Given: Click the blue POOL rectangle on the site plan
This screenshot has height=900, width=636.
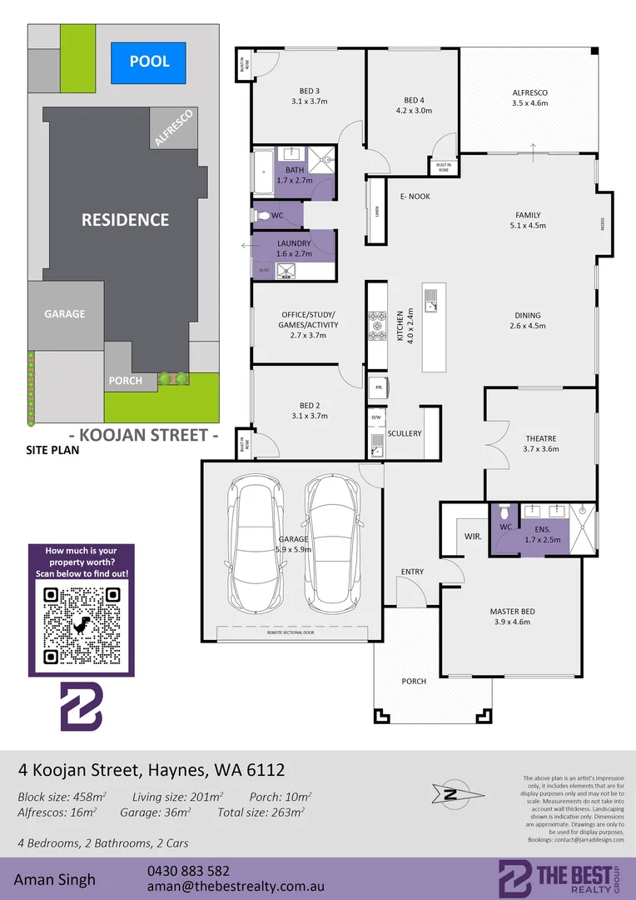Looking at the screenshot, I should [x=149, y=62].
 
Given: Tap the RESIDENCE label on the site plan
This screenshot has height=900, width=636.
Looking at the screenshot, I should [x=125, y=220].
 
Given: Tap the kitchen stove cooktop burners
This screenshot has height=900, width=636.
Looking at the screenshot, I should [x=376, y=326].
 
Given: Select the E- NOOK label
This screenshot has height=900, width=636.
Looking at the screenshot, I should [x=415, y=197].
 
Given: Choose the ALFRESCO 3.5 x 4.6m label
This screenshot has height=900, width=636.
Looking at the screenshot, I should [x=529, y=97].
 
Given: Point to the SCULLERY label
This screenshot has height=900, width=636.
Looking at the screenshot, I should [x=405, y=433].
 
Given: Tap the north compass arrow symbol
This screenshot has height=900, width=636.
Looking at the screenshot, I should [x=453, y=794].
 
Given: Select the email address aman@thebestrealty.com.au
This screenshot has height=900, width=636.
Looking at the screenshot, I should [x=234, y=887].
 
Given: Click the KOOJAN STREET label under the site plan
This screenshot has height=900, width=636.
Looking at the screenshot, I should [x=143, y=435].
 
